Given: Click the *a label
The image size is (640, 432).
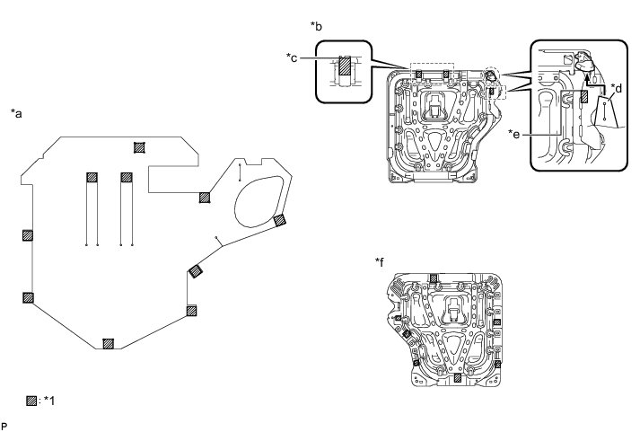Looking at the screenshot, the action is point(16,113).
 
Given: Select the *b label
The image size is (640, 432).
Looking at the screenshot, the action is point(316,26).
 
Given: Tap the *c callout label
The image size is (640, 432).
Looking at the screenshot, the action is point(292,58).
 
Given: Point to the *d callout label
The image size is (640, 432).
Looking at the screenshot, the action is point(617,88).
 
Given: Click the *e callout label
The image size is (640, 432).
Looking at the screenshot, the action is point(514,134).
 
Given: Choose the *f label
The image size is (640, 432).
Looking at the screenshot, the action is point(380,262).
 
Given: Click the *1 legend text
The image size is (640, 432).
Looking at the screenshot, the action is point(49,401).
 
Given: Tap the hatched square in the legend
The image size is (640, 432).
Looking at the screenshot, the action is point(31,401).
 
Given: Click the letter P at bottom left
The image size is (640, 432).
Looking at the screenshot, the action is point(4,427).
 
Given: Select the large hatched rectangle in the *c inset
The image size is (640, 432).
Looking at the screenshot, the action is point(345,66).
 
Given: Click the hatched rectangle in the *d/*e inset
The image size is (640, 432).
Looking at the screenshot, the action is point(584,96).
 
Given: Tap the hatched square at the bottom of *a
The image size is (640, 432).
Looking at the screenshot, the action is point(108,344).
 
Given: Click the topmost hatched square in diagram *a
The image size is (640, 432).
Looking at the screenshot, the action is point(139,147).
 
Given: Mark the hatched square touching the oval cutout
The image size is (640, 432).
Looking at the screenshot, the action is point(279,220).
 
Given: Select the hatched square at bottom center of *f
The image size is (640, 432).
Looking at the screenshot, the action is point(458,378).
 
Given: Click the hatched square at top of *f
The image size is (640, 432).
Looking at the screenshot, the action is point(434,278).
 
